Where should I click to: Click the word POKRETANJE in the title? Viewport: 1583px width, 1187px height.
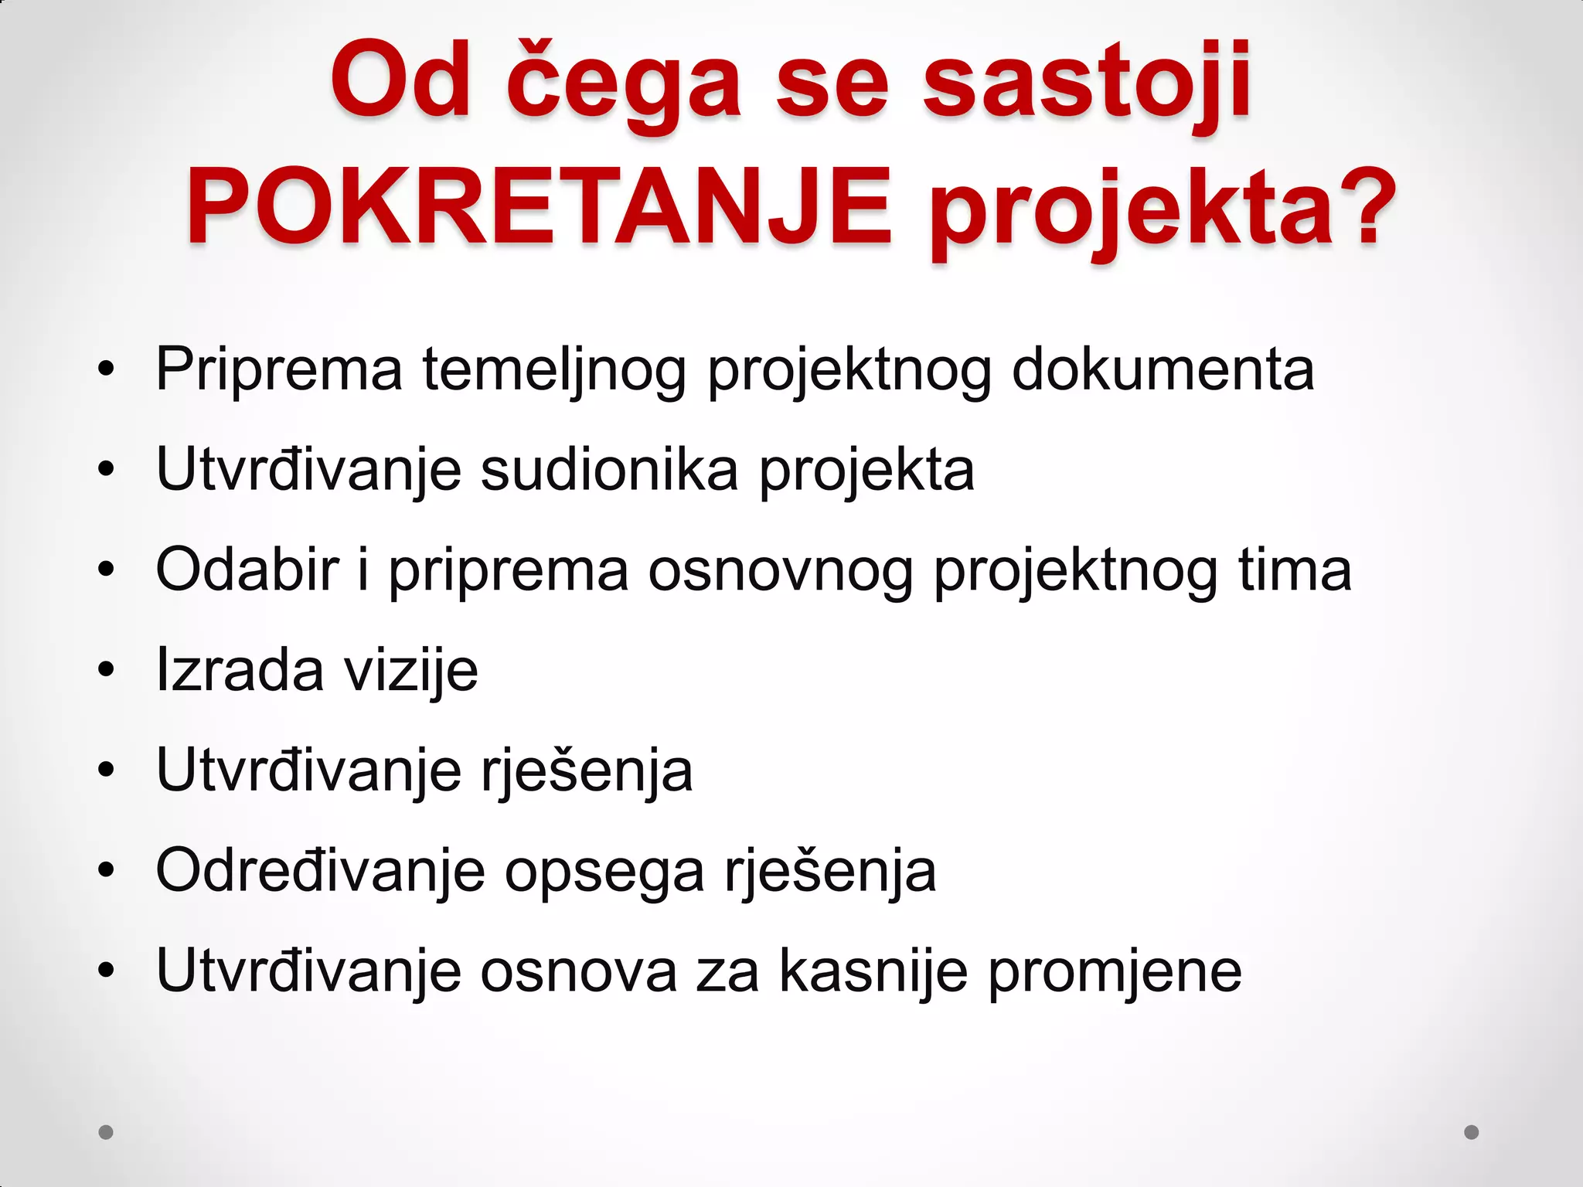point(539,207)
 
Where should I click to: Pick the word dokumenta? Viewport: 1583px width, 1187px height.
point(1163,369)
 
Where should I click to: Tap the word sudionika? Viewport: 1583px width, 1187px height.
point(609,469)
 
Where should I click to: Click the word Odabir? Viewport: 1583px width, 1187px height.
point(247,570)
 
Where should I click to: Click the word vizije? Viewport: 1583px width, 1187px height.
point(411,671)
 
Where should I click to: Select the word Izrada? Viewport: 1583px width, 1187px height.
point(240,669)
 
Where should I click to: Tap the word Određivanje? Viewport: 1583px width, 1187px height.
point(320,872)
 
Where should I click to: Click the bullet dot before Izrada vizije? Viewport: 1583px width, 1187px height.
point(106,669)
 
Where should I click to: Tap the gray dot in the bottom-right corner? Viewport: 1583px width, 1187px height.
point(1472,1132)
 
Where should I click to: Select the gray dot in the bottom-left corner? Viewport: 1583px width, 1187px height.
point(106,1132)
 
